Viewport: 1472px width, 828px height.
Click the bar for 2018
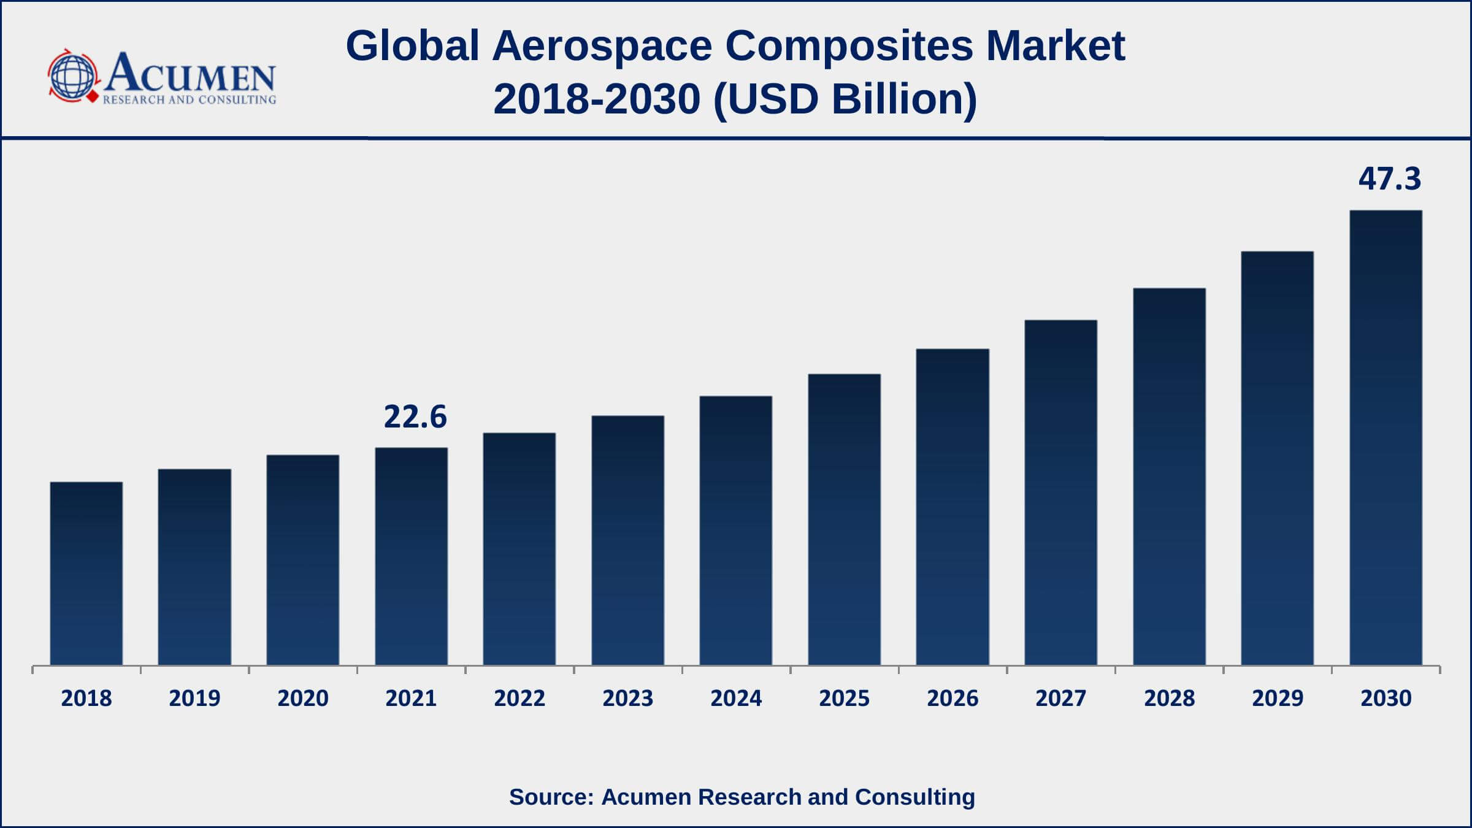pyautogui.click(x=86, y=573)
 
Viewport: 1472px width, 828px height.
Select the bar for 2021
pyautogui.click(x=411, y=556)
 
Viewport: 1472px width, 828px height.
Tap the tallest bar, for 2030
pyautogui.click(x=1386, y=438)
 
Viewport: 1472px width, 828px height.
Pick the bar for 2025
pyautogui.click(x=844, y=519)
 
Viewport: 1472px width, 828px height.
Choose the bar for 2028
pyautogui.click(x=1169, y=477)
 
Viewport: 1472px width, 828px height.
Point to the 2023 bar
pyautogui.click(x=627, y=540)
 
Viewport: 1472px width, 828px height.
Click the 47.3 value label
pyautogui.click(x=1389, y=179)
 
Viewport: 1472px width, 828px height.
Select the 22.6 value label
pyautogui.click(x=415, y=417)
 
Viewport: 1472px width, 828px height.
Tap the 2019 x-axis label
pyautogui.click(x=194, y=699)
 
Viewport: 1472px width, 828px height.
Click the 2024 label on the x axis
pyautogui.click(x=736, y=699)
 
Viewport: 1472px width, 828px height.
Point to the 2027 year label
pyautogui.click(x=1060, y=699)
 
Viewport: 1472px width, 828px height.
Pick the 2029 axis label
pyautogui.click(x=1278, y=699)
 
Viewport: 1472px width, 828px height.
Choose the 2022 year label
pyautogui.click(x=519, y=699)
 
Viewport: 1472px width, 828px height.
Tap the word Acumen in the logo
pyautogui.click(x=190, y=74)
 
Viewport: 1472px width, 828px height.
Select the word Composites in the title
pyautogui.click(x=849, y=46)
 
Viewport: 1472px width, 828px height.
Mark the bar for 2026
pyautogui.click(x=953, y=507)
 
